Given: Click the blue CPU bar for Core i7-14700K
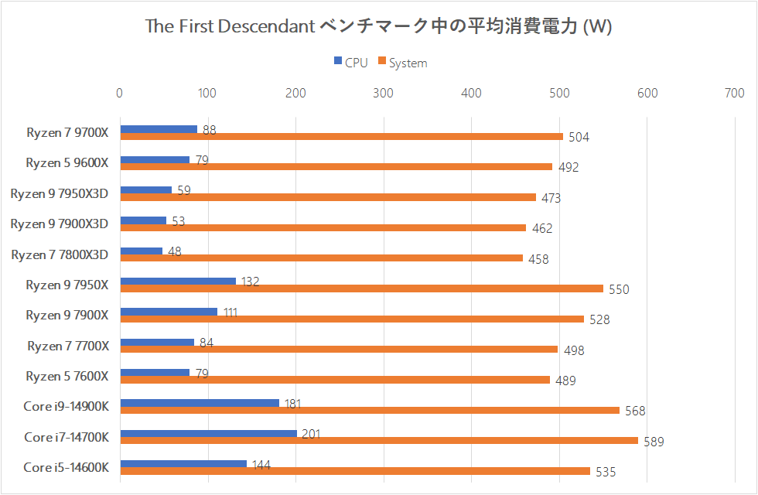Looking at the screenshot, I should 209,433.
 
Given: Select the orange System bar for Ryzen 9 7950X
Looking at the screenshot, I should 361,288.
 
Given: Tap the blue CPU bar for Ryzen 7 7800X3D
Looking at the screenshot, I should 142,251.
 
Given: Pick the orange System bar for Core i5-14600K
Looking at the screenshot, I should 355,471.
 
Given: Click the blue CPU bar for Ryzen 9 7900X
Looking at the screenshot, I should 169,312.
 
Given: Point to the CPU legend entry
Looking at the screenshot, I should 350,63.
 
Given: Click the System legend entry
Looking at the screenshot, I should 402,63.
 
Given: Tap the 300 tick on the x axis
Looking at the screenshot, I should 384,94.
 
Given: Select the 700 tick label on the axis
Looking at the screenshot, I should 734,94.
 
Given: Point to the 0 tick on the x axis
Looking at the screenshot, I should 119,94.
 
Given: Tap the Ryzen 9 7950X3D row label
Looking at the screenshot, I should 60,193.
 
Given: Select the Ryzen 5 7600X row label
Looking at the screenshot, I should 67,377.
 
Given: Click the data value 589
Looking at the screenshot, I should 654,442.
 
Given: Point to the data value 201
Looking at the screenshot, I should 311,435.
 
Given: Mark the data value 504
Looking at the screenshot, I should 579,138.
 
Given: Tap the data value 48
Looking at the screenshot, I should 175,252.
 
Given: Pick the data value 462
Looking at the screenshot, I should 541,229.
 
